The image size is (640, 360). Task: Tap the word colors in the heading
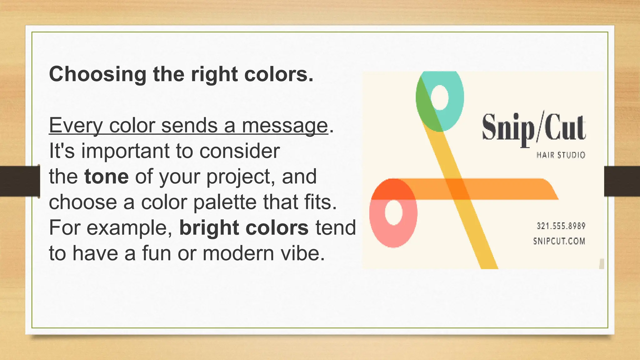(x=278, y=74)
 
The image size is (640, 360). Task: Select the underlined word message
(x=285, y=126)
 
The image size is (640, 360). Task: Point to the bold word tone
(x=106, y=177)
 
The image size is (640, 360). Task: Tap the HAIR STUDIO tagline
(x=561, y=155)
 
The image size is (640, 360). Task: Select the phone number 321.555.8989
(x=561, y=226)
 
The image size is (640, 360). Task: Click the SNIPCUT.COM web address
(x=559, y=241)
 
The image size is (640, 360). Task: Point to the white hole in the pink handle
(x=394, y=212)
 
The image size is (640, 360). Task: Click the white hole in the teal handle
(x=440, y=97)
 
